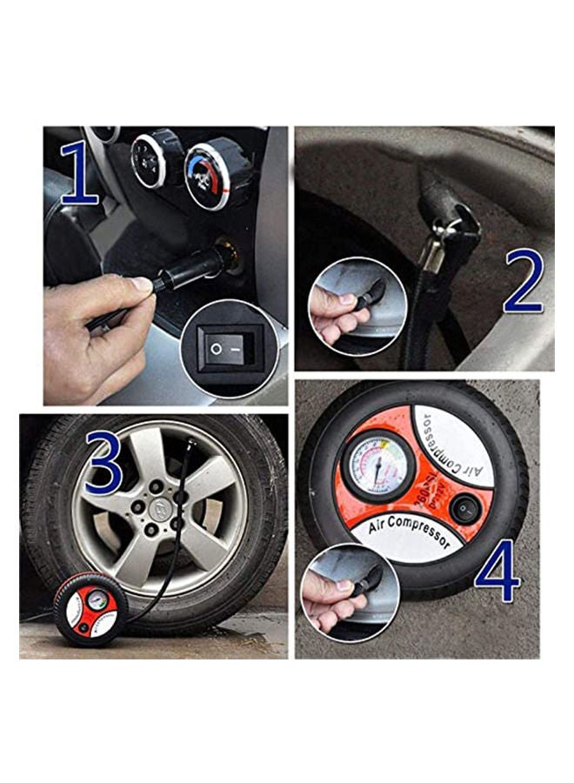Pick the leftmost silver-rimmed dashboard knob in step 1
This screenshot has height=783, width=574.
150,160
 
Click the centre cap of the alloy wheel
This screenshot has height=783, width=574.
159,505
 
